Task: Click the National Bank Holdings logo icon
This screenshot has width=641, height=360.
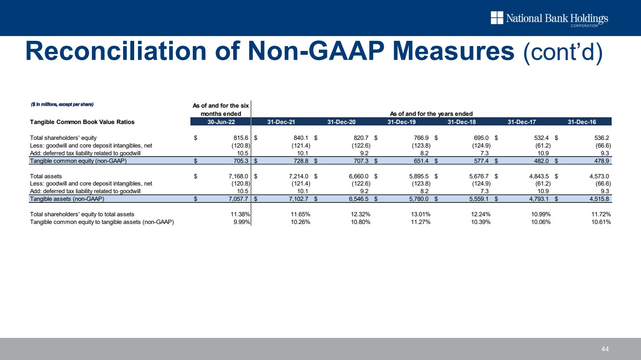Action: (x=497, y=18)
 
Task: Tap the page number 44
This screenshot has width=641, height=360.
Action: (x=605, y=349)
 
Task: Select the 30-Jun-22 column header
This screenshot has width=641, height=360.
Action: (x=221, y=122)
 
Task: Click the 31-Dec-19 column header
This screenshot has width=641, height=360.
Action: (x=402, y=122)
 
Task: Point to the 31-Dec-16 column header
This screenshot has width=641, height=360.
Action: (x=582, y=122)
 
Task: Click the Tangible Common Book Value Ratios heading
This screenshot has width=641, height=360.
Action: (x=82, y=122)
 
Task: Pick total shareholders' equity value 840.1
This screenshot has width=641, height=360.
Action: (x=301, y=138)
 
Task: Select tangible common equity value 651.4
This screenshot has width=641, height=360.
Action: (x=421, y=161)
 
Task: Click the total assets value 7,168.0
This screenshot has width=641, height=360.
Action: (x=238, y=176)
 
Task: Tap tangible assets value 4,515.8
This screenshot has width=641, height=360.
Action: (x=599, y=199)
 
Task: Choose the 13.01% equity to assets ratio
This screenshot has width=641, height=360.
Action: (x=421, y=214)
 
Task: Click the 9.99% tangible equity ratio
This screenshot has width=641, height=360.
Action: (x=242, y=222)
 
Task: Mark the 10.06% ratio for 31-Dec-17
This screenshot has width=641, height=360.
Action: (x=541, y=222)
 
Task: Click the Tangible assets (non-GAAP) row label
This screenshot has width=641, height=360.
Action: (x=67, y=199)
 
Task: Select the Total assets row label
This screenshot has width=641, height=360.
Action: (x=46, y=176)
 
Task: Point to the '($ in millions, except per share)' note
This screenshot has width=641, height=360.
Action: (x=62, y=104)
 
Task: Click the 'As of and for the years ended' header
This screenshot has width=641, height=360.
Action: (x=431, y=114)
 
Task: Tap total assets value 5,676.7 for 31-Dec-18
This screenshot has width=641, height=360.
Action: (x=479, y=176)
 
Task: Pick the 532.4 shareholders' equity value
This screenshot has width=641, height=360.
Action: (x=541, y=138)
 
